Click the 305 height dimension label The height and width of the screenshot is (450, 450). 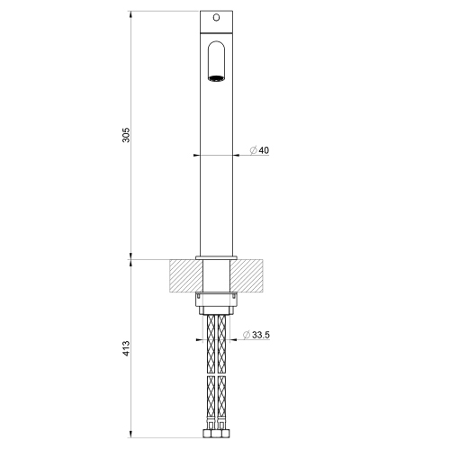pyautogui.click(x=127, y=134)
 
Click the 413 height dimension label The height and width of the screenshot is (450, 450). pyautogui.click(x=127, y=346)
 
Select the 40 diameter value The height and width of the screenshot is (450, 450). pyautogui.click(x=264, y=150)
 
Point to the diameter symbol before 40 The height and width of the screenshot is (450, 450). pyautogui.click(x=253, y=150)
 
